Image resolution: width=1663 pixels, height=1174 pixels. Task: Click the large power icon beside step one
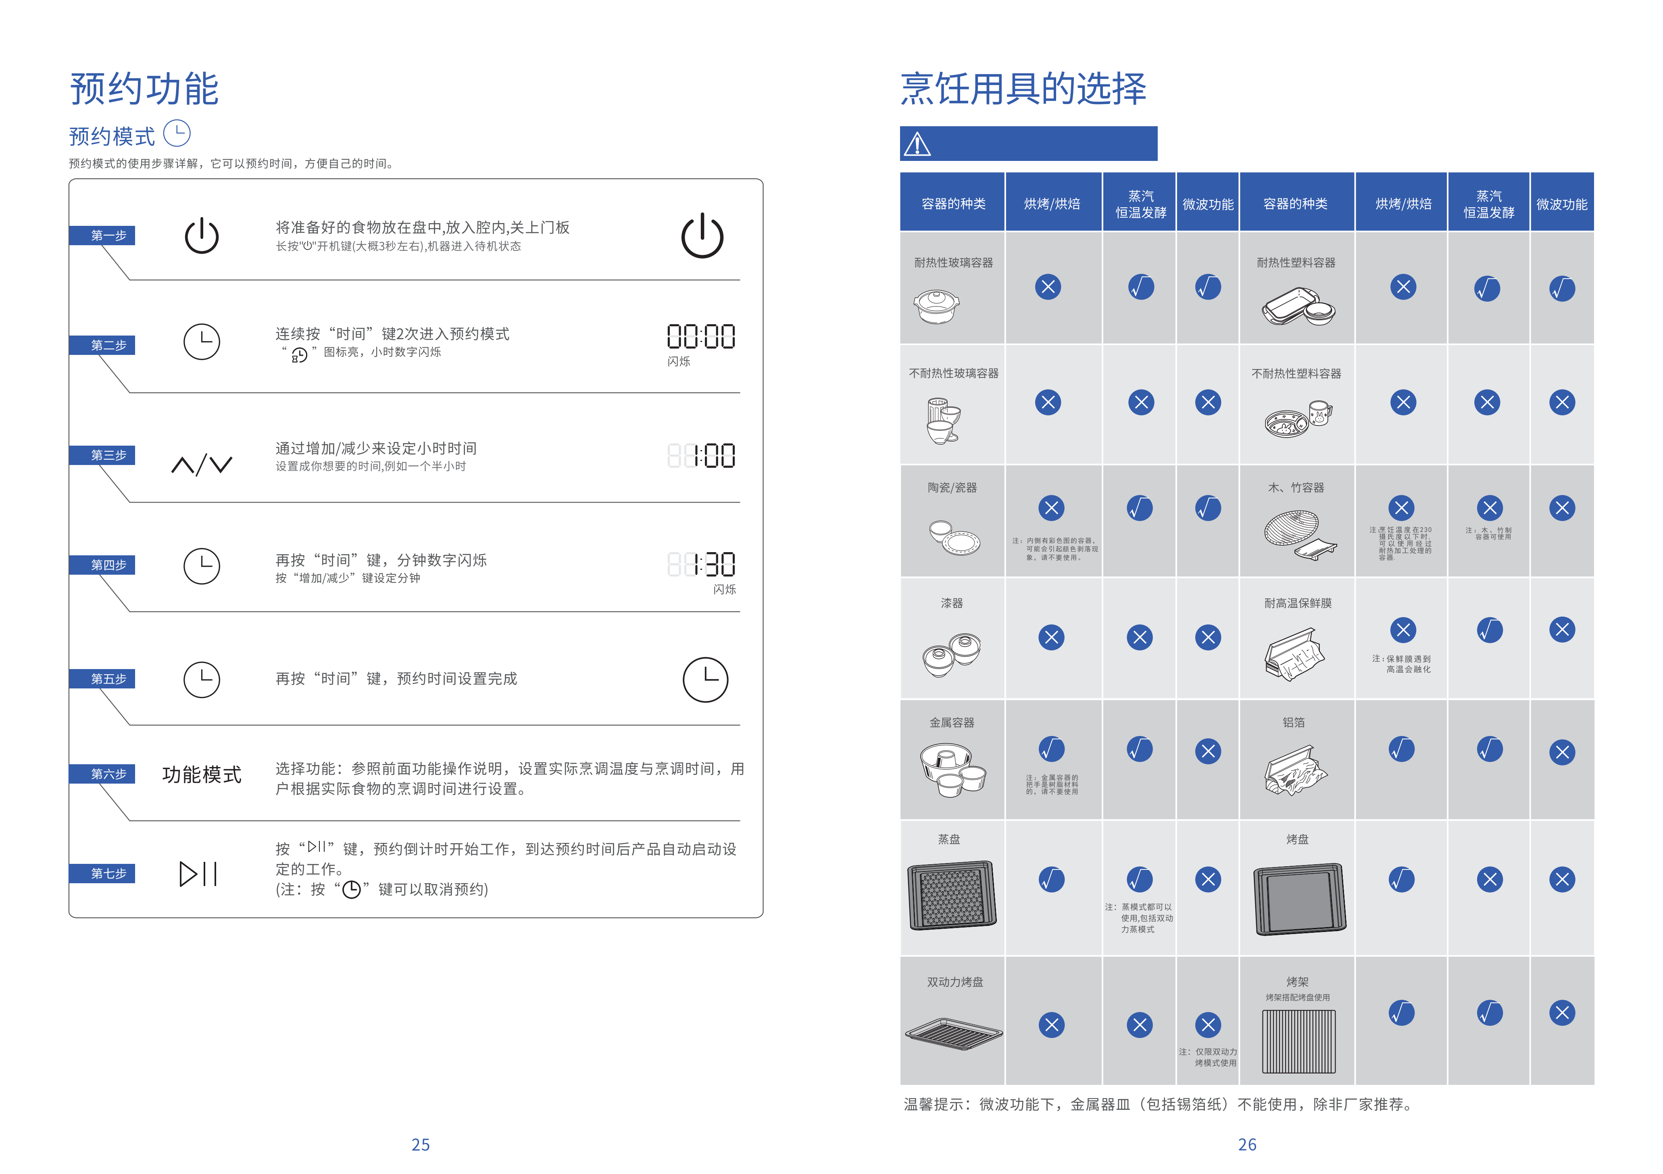coord(702,236)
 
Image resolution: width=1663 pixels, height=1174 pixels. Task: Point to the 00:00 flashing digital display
coord(700,337)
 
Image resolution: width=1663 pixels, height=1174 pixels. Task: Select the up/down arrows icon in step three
coord(201,464)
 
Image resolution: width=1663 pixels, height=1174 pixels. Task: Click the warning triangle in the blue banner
coord(917,144)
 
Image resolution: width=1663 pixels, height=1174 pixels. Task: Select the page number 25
coord(420,1144)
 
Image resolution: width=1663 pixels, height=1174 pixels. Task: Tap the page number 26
coord(1246,1144)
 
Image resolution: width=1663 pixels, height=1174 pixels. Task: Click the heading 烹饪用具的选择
coord(1023,89)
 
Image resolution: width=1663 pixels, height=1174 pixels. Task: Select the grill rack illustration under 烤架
coord(1298,1041)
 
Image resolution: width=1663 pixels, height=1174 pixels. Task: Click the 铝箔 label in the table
coord(1294,722)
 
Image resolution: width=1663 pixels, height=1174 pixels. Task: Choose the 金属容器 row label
coord(952,722)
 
